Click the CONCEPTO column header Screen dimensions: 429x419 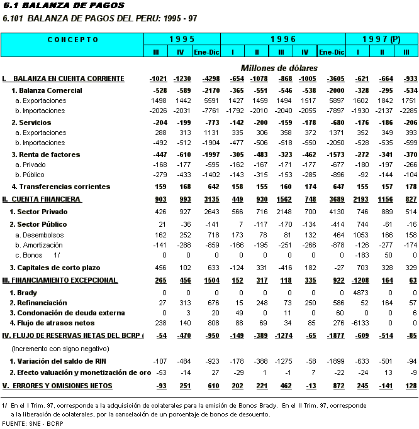(72, 40)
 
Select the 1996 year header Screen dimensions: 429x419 (283, 40)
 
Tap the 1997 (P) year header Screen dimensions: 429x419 (381, 40)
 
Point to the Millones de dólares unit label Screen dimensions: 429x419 (279, 67)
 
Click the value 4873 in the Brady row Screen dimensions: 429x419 (359, 293)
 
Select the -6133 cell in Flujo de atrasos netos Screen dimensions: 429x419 (358, 323)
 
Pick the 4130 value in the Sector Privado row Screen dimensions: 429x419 (332, 212)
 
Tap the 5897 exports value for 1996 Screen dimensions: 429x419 (332, 100)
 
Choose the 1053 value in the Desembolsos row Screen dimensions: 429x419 (359, 234)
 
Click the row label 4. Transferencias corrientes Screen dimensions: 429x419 (61, 187)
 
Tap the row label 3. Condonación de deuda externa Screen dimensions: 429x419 (71, 313)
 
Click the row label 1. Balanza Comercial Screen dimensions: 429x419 (47, 91)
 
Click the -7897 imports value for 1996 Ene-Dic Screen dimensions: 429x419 (332, 111)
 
